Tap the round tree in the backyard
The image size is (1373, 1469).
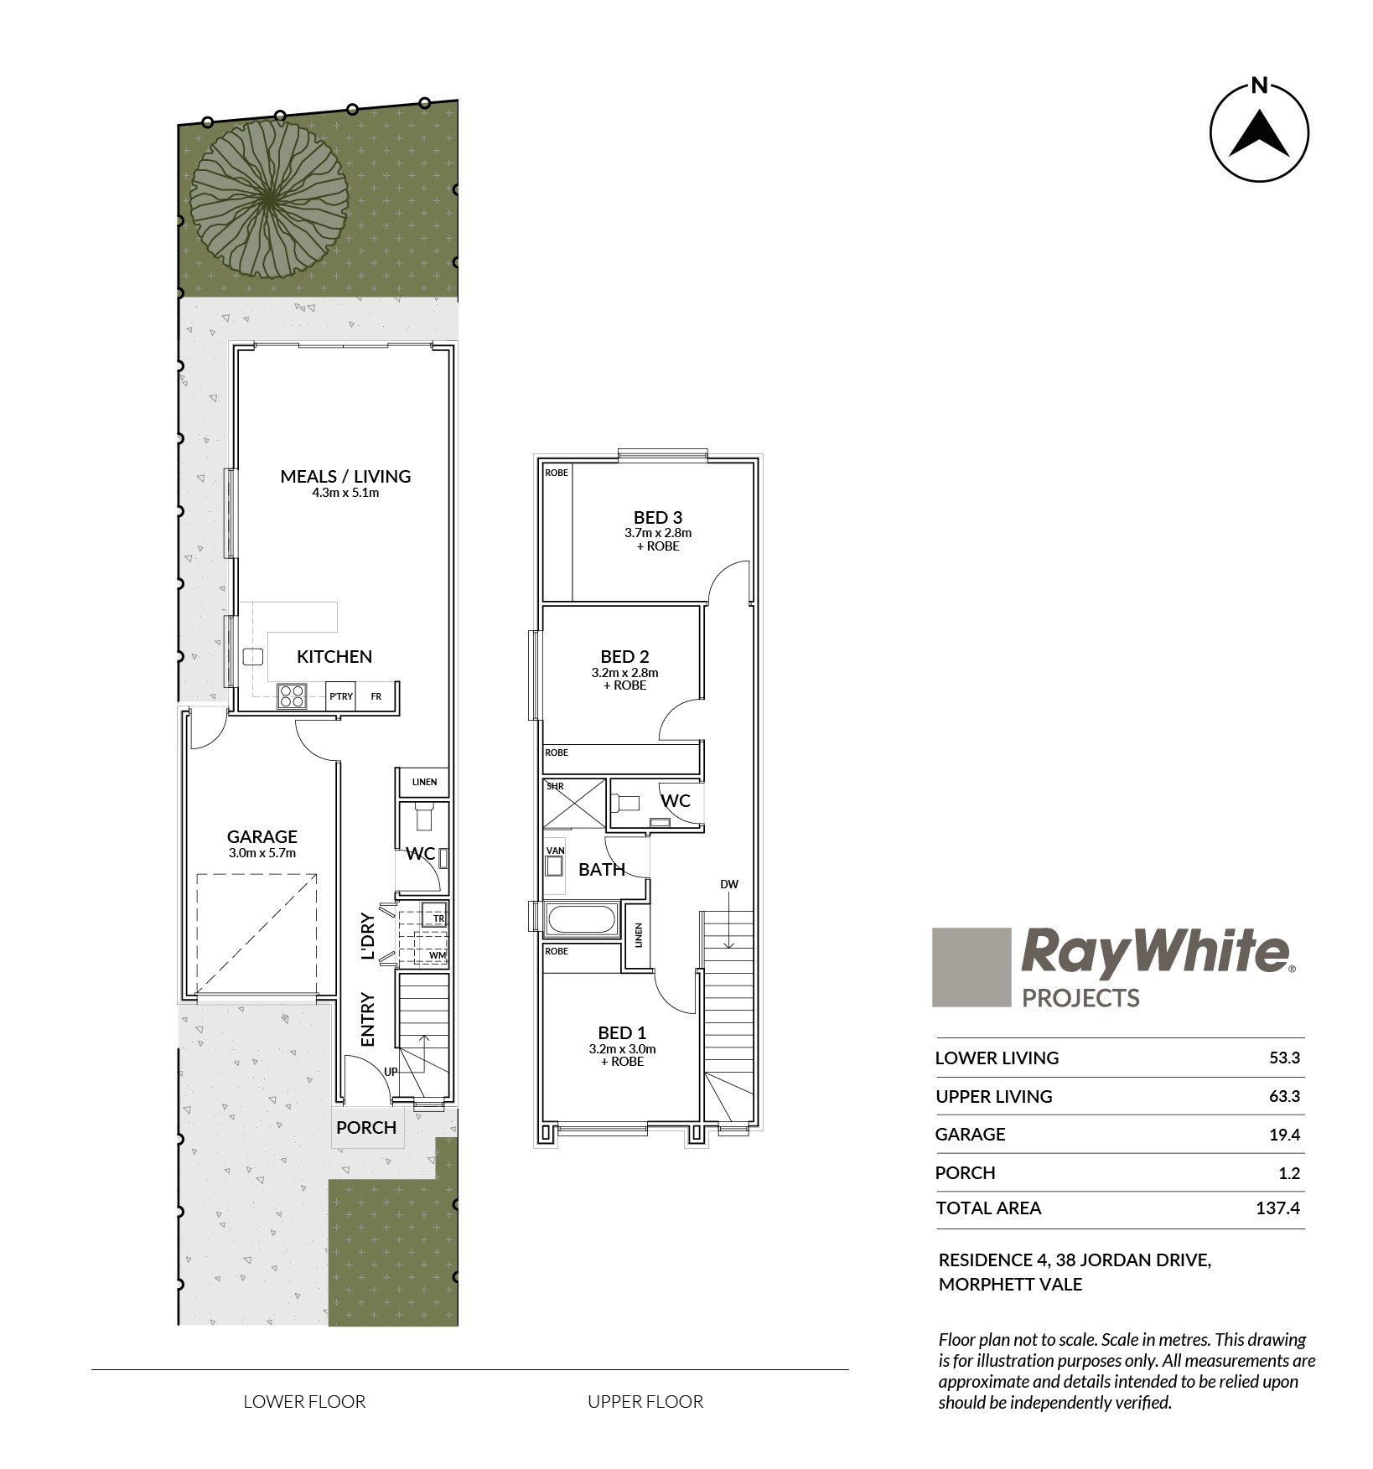pyautogui.click(x=269, y=198)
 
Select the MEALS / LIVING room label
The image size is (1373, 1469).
pyautogui.click(x=345, y=476)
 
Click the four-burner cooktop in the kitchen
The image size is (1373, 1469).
pyautogui.click(x=293, y=696)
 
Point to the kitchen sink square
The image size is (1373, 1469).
pyautogui.click(x=253, y=656)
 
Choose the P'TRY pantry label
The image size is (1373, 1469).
pyautogui.click(x=341, y=696)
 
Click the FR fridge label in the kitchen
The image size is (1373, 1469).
pyautogui.click(x=376, y=696)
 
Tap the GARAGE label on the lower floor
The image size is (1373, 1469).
pyautogui.click(x=262, y=836)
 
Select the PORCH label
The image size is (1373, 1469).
pyautogui.click(x=366, y=1127)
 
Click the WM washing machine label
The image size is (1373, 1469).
pyautogui.click(x=438, y=955)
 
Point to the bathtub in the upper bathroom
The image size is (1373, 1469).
pyautogui.click(x=581, y=920)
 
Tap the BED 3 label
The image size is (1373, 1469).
pyautogui.click(x=658, y=517)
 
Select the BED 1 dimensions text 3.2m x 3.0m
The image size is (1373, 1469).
pyautogui.click(x=622, y=1048)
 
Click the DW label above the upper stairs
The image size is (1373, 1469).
pyautogui.click(x=729, y=884)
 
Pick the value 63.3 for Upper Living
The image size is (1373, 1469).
pyautogui.click(x=1284, y=1096)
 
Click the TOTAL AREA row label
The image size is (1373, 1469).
pyautogui.click(x=988, y=1208)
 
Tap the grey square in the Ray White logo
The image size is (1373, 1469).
pyautogui.click(x=971, y=967)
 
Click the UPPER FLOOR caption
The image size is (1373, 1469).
pyautogui.click(x=645, y=1401)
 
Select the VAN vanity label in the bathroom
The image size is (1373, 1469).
pyautogui.click(x=556, y=851)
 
